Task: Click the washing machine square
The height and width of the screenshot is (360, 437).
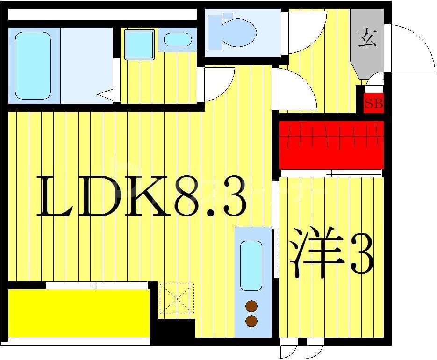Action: [139, 44]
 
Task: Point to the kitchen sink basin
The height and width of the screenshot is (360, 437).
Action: [251, 265]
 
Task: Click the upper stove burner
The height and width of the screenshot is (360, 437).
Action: [251, 306]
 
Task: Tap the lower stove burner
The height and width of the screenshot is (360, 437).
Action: [251, 321]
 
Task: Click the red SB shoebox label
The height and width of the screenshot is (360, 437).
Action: [373, 104]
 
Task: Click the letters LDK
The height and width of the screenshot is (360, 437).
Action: [103, 196]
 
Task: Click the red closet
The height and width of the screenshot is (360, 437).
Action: [331, 144]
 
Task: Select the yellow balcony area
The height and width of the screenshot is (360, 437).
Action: [79, 312]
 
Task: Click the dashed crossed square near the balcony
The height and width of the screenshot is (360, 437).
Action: [176, 298]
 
